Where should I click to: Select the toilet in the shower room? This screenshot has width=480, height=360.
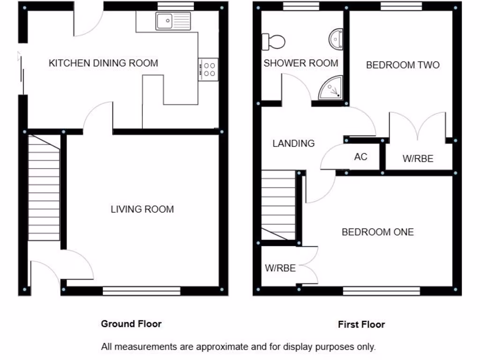273,41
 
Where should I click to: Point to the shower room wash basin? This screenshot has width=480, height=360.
336,39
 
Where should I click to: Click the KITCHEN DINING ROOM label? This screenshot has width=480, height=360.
103,63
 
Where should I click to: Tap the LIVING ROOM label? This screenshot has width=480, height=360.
142,209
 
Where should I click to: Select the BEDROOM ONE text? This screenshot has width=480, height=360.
377,232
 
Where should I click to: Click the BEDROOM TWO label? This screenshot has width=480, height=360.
403,65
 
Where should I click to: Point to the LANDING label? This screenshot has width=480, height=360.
293,143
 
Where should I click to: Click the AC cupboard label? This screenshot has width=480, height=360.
360,157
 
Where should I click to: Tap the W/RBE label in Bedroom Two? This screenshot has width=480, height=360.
418,159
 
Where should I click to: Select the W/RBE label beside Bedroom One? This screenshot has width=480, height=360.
280,268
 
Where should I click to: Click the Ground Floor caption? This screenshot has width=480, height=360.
131,323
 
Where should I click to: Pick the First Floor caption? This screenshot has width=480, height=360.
361,324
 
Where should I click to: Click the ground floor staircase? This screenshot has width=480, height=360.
44,187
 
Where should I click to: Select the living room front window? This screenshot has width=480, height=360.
142,291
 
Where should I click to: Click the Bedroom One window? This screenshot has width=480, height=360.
381,291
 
